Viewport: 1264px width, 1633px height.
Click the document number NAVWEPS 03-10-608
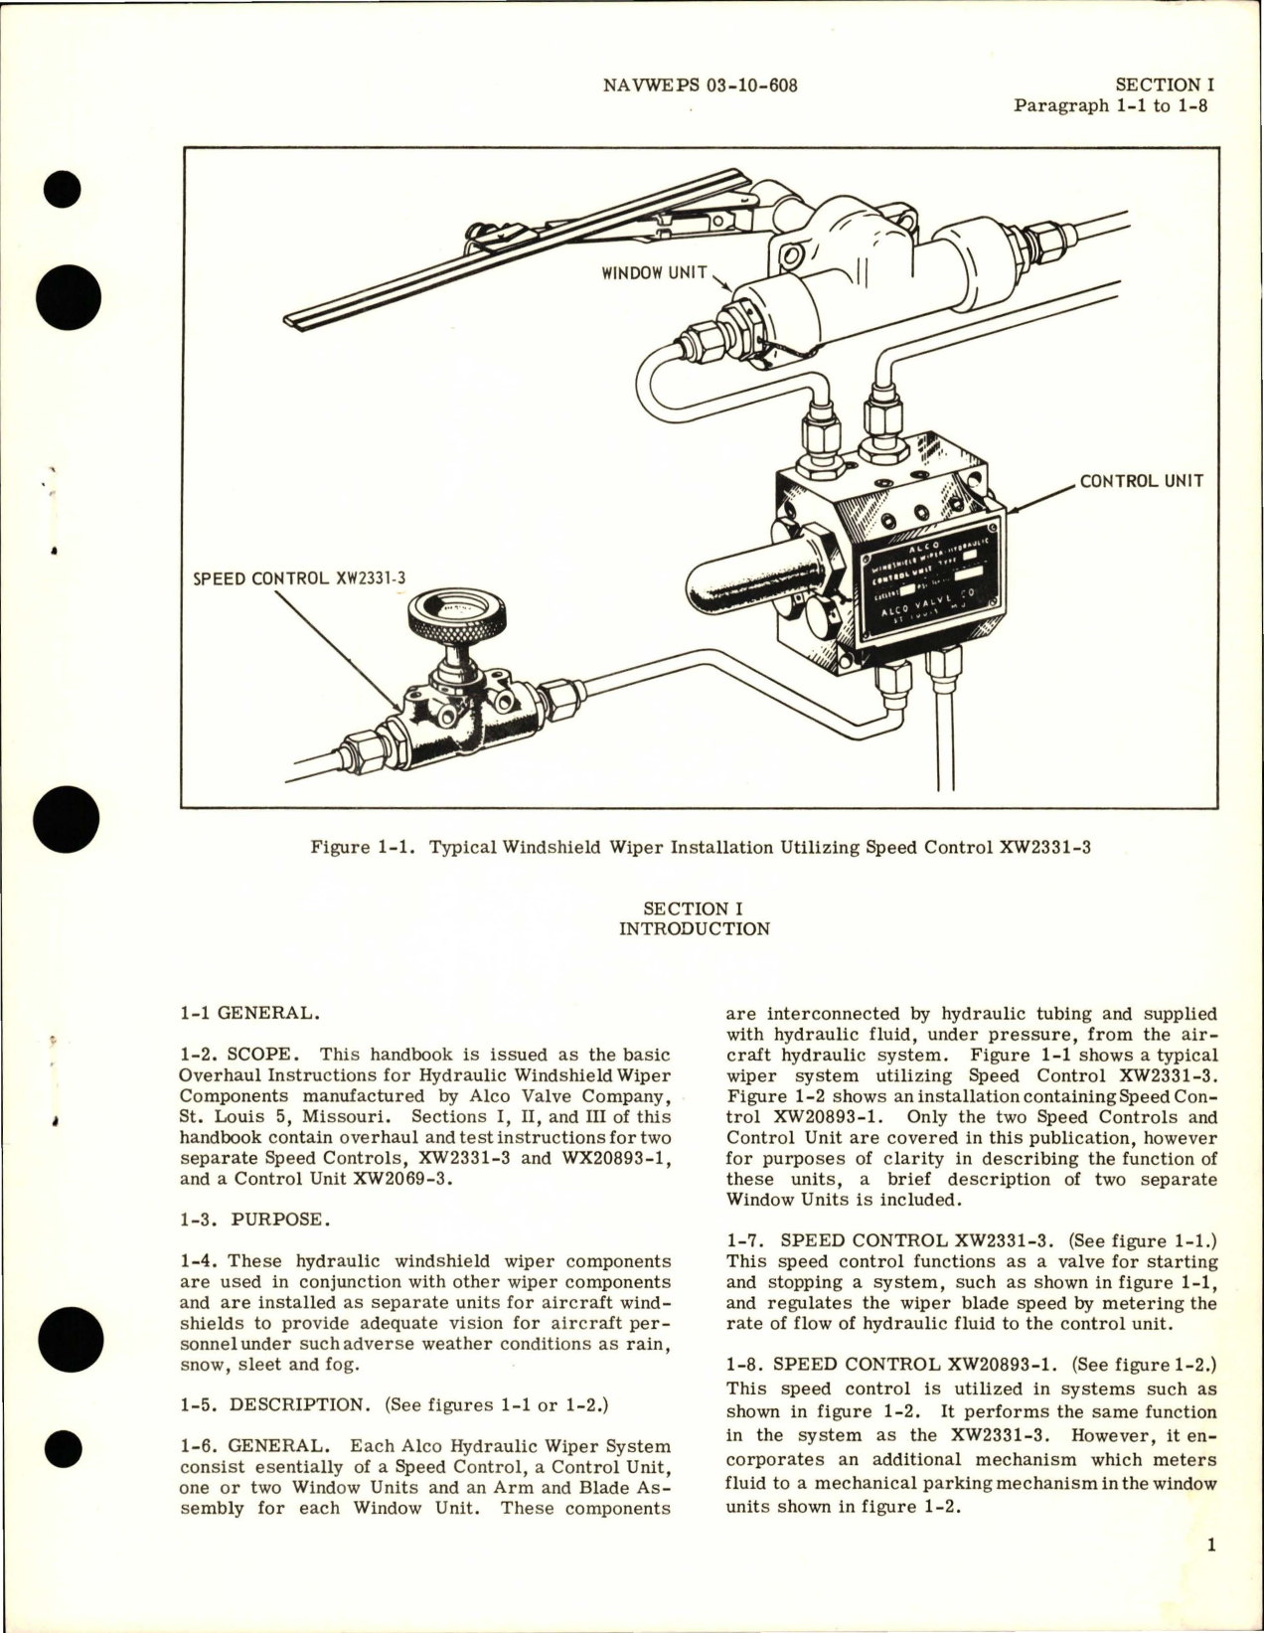tap(700, 85)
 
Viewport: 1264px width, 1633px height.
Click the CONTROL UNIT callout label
tap(1141, 481)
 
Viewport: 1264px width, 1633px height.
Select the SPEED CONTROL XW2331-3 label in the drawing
tap(292, 576)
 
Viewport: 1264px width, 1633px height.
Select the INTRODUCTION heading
tap(694, 929)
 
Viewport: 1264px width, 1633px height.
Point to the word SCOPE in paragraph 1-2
tap(262, 1055)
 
